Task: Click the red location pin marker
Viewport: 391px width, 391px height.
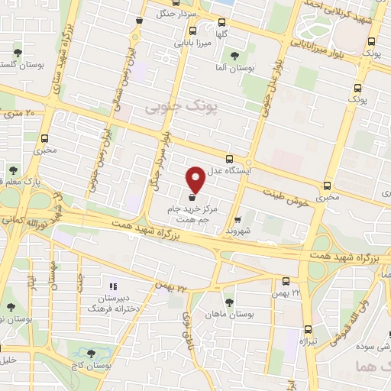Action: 196,179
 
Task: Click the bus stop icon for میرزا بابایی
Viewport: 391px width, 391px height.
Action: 192,31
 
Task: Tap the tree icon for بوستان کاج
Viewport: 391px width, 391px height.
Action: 92,354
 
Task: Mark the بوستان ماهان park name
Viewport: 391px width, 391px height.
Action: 233,314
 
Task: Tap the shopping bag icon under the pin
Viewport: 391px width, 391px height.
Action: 191,197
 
